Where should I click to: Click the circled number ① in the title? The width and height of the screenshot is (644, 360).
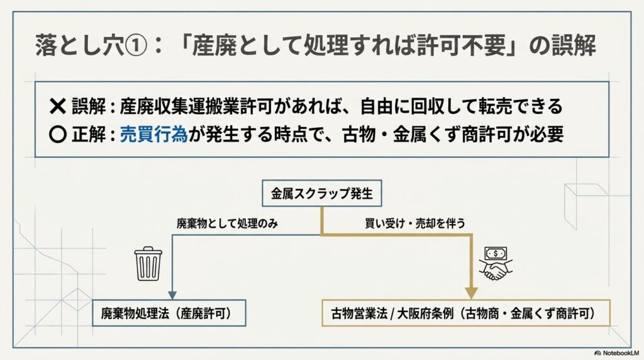[135, 45]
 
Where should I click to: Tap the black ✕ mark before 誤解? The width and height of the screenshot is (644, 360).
[57, 106]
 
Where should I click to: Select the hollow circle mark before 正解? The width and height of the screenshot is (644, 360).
[57, 135]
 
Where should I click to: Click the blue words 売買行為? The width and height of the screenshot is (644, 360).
[154, 135]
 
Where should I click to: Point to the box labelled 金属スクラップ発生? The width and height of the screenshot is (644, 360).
[322, 193]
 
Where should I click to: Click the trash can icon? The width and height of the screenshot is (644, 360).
[148, 264]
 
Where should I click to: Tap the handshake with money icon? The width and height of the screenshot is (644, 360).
[496, 264]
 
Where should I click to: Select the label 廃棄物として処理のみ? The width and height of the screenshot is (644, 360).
[227, 223]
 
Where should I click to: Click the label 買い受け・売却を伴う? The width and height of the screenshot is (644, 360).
[415, 223]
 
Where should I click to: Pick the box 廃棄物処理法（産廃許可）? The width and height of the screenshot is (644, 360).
[169, 313]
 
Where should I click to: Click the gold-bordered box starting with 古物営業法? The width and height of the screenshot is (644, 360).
[466, 313]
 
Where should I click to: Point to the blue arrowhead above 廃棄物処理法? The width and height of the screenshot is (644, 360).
[172, 295]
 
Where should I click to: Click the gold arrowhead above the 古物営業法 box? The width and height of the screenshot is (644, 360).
[472, 293]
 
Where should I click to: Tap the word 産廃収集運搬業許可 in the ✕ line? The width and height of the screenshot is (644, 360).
[196, 106]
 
